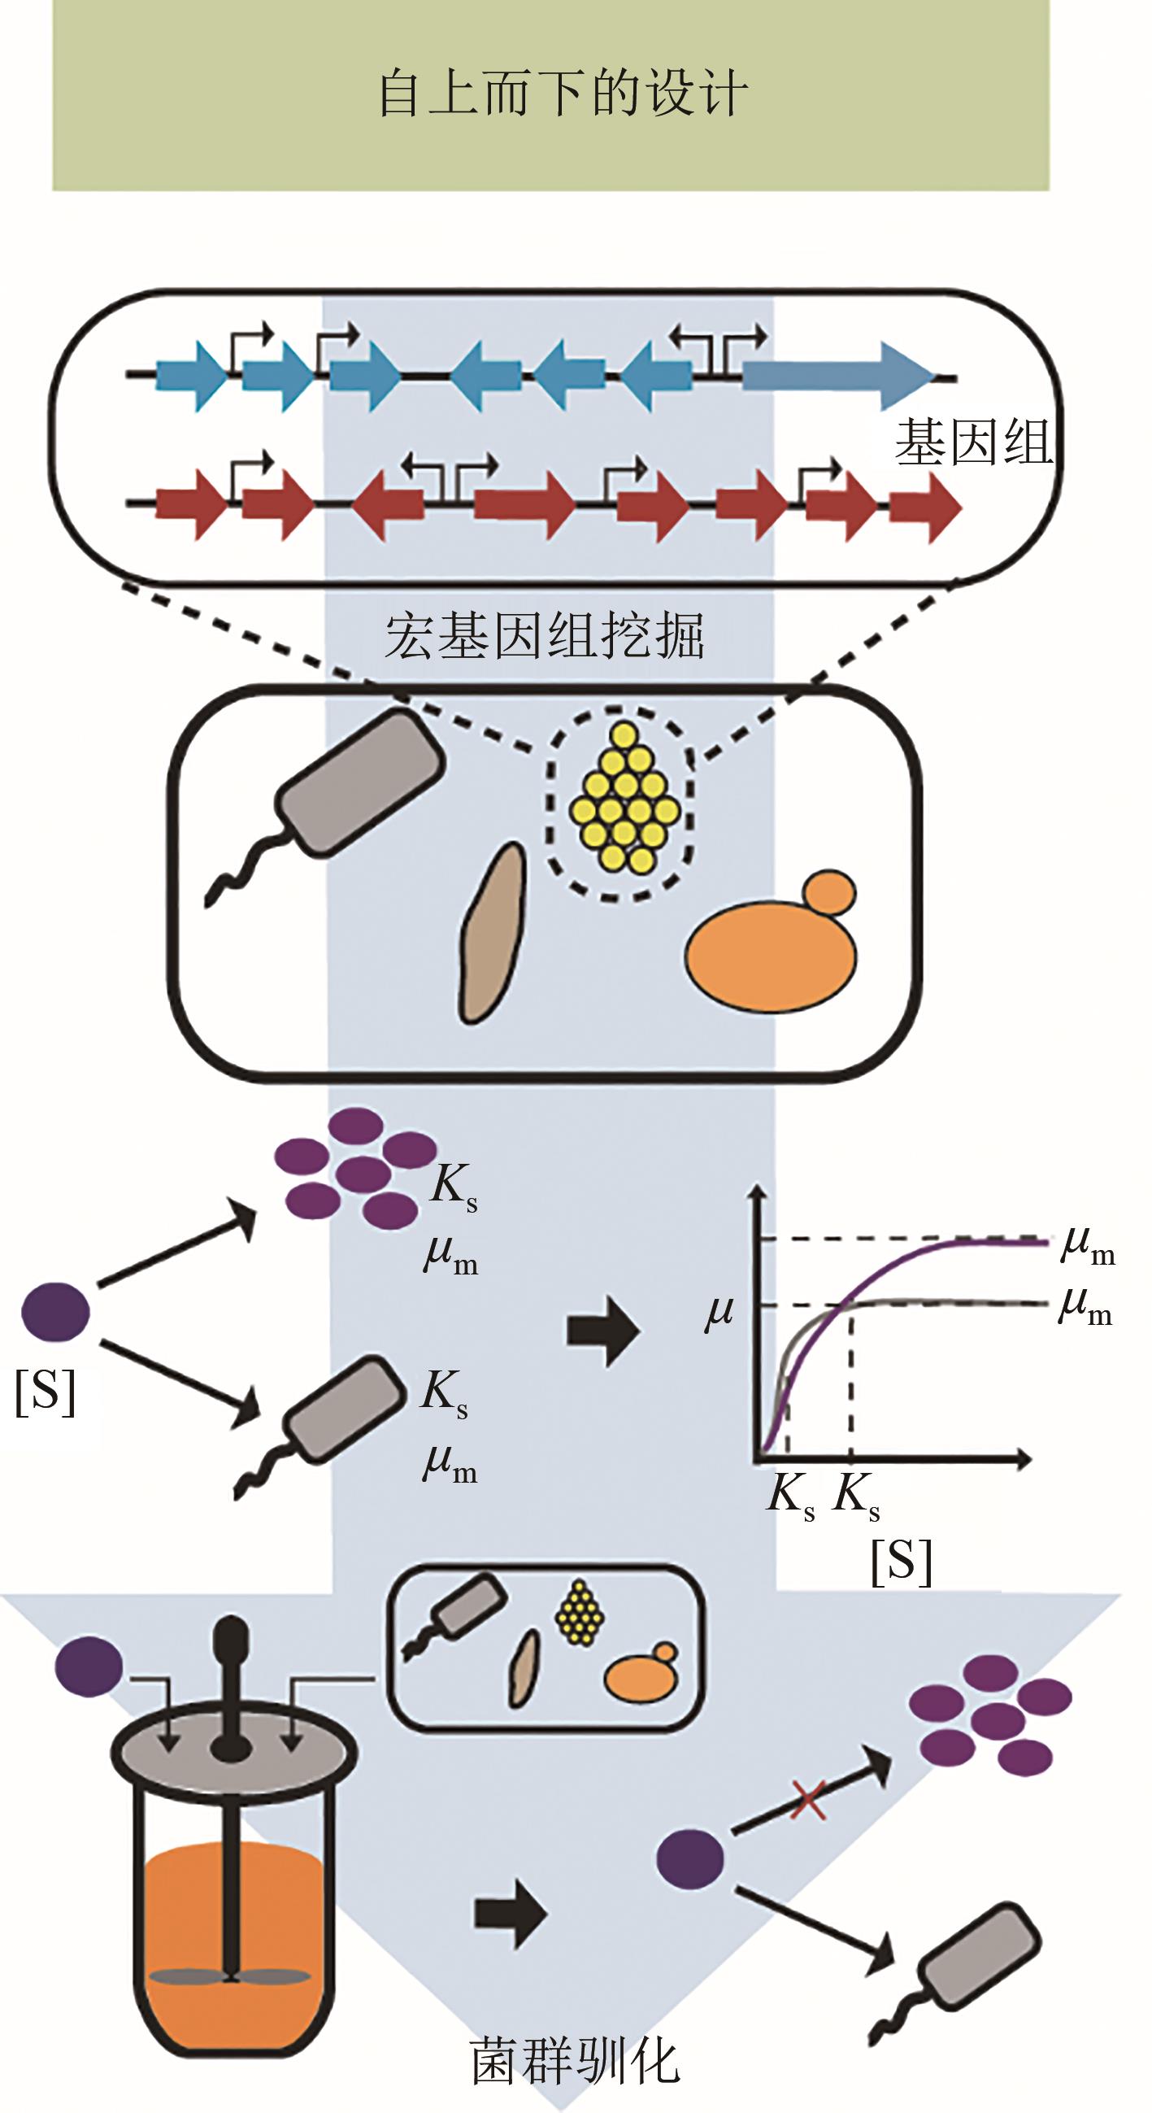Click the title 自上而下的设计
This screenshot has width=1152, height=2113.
[x=563, y=94]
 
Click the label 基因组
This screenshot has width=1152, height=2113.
[x=973, y=444]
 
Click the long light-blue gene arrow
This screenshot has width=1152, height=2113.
[x=837, y=377]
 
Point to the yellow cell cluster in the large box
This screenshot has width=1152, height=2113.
[x=625, y=798]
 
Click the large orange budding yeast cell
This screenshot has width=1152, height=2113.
[x=771, y=956]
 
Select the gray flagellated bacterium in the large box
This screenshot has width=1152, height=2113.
[x=361, y=783]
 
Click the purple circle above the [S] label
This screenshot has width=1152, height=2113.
[x=55, y=1313]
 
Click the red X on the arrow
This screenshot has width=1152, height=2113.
[x=806, y=1801]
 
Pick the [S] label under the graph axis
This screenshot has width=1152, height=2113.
[x=901, y=1561]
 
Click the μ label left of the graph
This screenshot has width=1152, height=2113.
[x=719, y=1314]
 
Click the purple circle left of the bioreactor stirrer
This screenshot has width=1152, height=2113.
[x=89, y=1666]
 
